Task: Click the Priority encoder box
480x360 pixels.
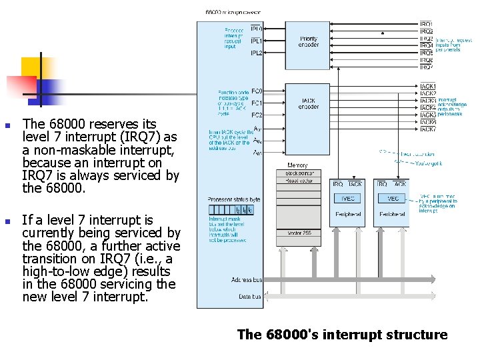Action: (309, 43)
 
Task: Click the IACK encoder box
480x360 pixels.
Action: (309, 105)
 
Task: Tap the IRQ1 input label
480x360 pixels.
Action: (427, 25)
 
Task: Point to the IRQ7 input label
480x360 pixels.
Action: (427, 67)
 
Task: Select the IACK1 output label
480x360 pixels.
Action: (428, 87)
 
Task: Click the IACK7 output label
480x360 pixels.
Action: (428, 129)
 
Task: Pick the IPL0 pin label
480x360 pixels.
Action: (256, 29)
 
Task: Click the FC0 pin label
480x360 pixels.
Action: (257, 91)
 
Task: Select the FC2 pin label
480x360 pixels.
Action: (257, 115)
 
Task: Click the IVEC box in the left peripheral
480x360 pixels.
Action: (348, 198)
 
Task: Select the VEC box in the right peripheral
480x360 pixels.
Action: (393, 198)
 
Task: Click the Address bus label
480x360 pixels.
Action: (247, 280)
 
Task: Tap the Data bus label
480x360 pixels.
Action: (250, 297)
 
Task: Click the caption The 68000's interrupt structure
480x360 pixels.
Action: (342, 335)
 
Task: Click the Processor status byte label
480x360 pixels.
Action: (234, 199)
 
